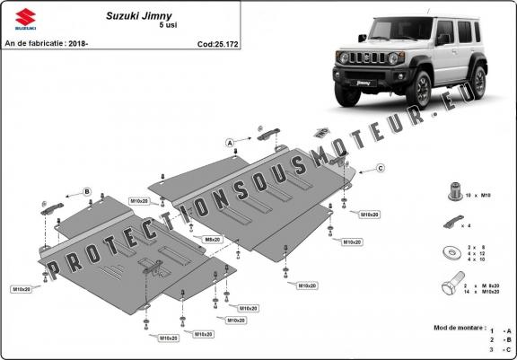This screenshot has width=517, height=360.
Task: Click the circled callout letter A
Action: [x=229, y=143]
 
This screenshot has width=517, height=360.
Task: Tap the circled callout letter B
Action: [x=87, y=191]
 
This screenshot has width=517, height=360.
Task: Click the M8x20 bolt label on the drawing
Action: [x=212, y=240]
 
